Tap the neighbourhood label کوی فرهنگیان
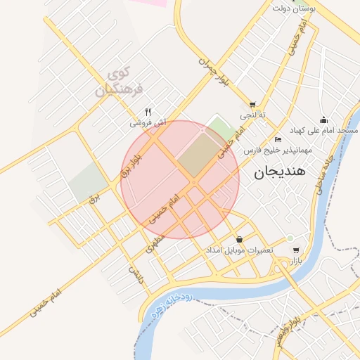118,82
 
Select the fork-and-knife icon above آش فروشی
148,112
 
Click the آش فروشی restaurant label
148,123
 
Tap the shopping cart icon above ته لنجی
252,105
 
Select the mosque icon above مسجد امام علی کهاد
323,120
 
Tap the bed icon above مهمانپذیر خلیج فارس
278,139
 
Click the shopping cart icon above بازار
296,250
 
